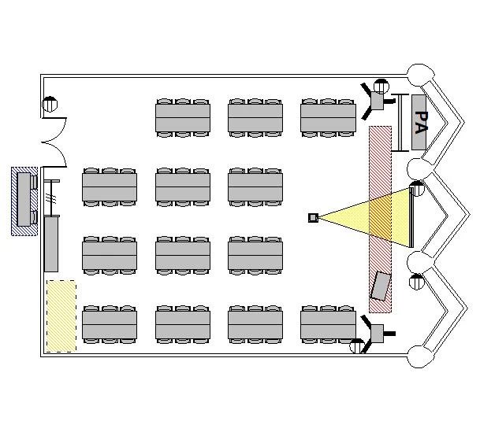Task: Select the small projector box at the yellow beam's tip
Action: click(313, 217)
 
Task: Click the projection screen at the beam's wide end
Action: click(411, 217)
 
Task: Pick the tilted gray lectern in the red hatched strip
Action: click(381, 286)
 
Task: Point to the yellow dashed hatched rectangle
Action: click(61, 316)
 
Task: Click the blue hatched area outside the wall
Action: click(24, 201)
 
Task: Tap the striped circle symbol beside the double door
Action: click(50, 104)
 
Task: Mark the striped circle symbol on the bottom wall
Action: click(357, 346)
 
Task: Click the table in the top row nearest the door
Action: click(183, 117)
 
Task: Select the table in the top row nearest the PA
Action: click(328, 117)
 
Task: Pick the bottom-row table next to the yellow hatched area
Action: click(110, 324)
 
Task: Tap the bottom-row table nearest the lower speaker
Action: click(328, 324)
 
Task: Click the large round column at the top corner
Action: click(421, 76)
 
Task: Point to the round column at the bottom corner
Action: click(419, 356)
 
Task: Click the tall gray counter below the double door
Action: click(51, 243)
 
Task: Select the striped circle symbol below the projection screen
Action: click(417, 282)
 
